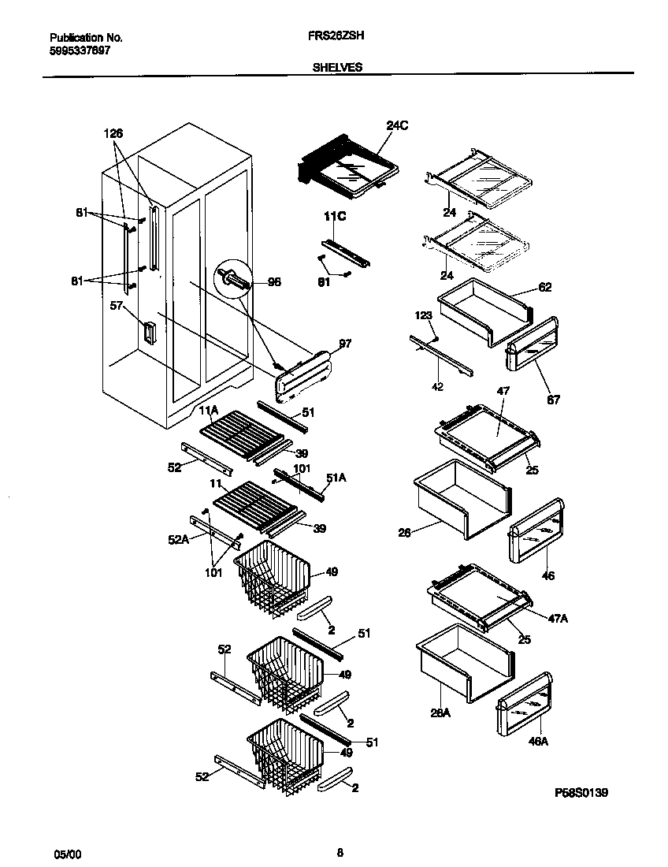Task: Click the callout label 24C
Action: click(398, 125)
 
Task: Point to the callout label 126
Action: click(113, 133)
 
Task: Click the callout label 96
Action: click(274, 281)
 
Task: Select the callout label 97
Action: click(345, 344)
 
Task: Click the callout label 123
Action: click(424, 315)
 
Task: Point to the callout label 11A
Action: click(207, 411)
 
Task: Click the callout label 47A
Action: click(558, 619)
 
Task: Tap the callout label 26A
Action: click(440, 714)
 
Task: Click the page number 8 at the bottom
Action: click(340, 852)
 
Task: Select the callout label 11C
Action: click(336, 214)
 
